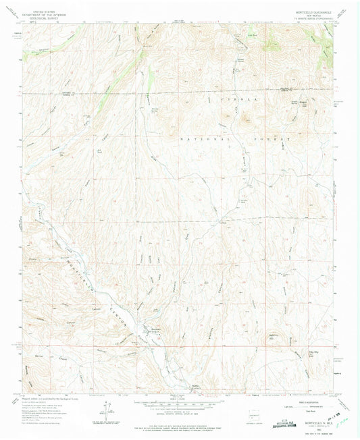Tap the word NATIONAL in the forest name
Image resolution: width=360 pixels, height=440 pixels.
coord(215,138)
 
